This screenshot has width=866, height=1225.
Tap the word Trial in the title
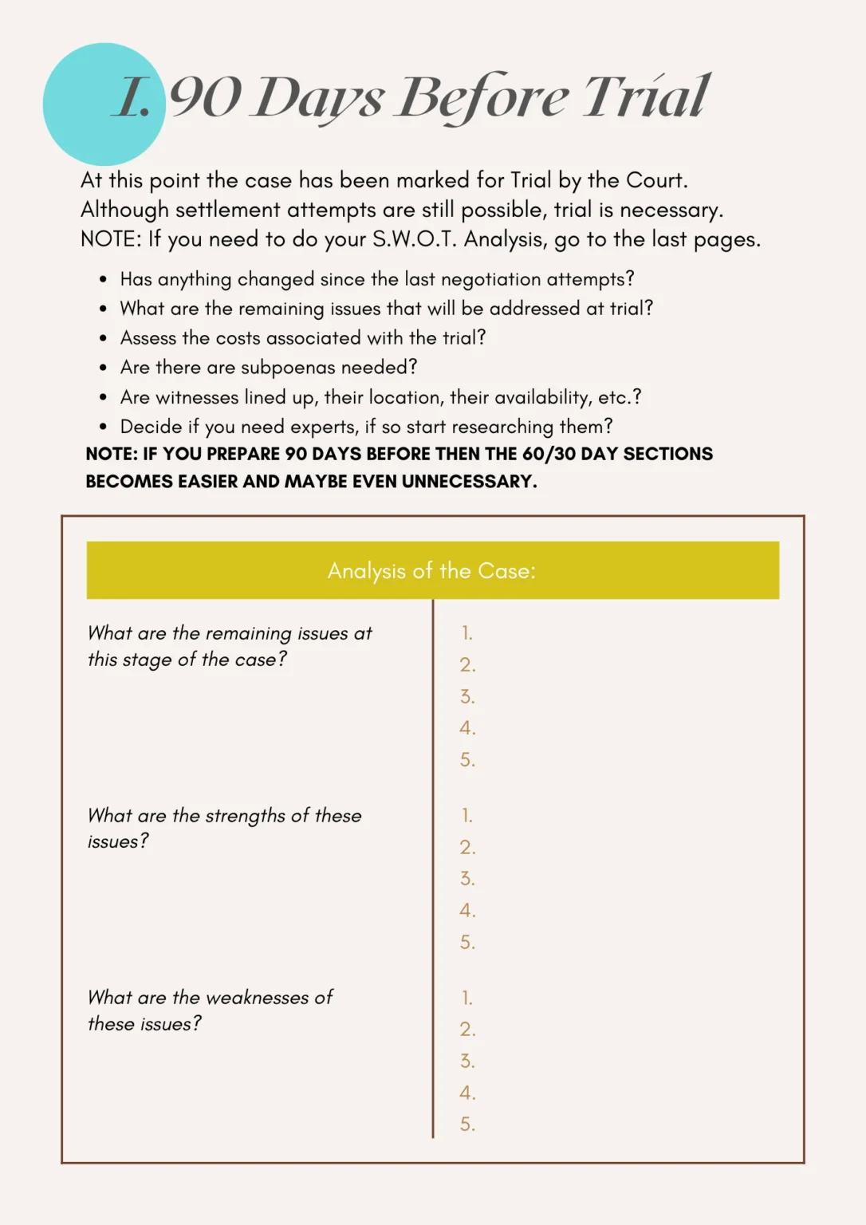coord(646,97)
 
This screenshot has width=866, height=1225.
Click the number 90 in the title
coord(205,97)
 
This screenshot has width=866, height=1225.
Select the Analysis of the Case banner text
coord(431,570)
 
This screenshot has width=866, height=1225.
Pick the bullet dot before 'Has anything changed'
coord(103,280)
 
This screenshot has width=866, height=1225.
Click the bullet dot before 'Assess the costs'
coord(103,339)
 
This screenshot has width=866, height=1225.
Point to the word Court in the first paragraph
coord(655,180)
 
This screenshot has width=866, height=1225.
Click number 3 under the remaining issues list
coord(467,696)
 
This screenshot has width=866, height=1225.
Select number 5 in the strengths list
coord(467,942)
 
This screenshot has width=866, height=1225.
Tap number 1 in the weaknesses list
coord(467,998)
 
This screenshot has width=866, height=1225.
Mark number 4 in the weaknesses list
coord(467,1093)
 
